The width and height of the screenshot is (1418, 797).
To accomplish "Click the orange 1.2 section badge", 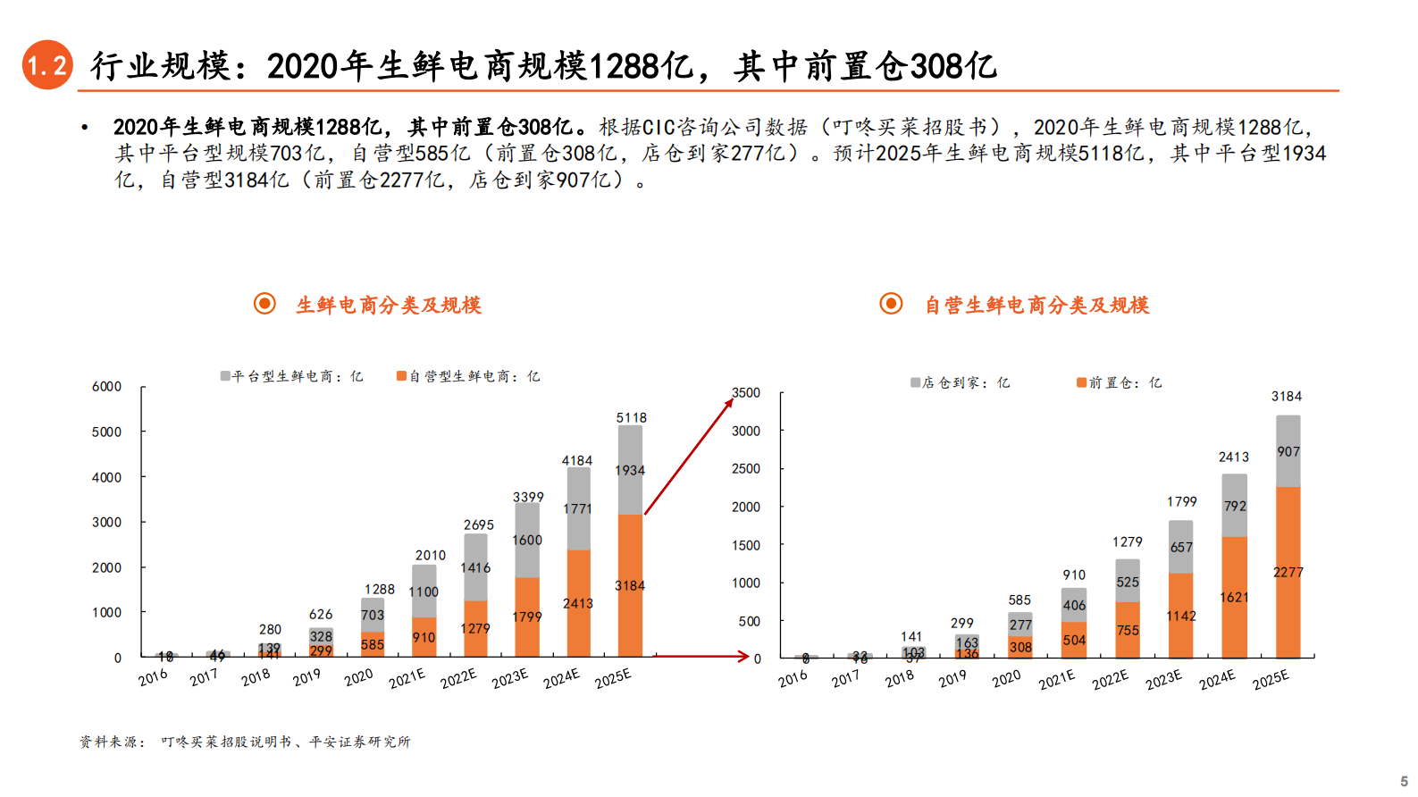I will [46, 65].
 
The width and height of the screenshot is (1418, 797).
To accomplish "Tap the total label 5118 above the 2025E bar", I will [631, 417].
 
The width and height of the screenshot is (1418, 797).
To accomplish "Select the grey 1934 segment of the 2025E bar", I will [630, 470].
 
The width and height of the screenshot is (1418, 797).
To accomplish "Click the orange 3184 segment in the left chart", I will [630, 586].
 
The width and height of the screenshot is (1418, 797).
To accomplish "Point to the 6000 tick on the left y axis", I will [106, 387].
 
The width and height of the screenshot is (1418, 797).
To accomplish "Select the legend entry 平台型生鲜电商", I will [292, 377].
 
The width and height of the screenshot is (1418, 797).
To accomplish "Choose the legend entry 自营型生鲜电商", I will [469, 377].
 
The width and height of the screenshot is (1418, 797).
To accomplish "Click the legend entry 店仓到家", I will [961, 382].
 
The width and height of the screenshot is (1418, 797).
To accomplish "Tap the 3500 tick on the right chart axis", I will [746, 393].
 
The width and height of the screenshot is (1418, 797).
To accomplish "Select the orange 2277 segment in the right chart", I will [1288, 573].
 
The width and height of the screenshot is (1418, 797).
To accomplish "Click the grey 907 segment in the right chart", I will [1288, 452].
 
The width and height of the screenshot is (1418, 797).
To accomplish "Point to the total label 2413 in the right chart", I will [1234, 457].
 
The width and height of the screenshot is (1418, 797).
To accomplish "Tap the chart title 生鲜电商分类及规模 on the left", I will [389, 306].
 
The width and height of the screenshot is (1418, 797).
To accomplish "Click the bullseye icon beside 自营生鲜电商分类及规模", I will [891, 304].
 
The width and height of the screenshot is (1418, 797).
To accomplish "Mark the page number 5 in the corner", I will [1404, 781].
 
